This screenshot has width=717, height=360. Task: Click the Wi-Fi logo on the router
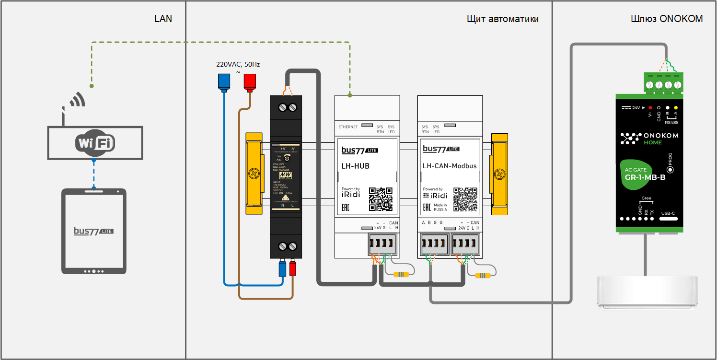pyautogui.click(x=94, y=143)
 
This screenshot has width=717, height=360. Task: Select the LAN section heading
pyautogui.click(x=163, y=19)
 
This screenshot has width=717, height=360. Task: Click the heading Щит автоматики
pyautogui.click(x=502, y=19)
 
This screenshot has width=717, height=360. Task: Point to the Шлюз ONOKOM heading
pyautogui.click(x=667, y=19)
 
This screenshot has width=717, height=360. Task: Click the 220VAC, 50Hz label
pyautogui.click(x=238, y=64)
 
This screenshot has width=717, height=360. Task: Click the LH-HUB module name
pyautogui.click(x=355, y=166)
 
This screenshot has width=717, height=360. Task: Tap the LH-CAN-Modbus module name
pyautogui.click(x=450, y=166)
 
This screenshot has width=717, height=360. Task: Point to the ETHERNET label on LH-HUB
pyautogui.click(x=348, y=127)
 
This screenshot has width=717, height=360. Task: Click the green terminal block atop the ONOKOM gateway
pyautogui.click(x=664, y=82)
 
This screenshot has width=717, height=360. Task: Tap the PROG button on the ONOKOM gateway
pyautogui.click(x=670, y=169)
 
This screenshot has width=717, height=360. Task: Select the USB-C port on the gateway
pyautogui.click(x=668, y=219)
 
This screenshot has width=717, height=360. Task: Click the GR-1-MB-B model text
pyautogui.click(x=645, y=177)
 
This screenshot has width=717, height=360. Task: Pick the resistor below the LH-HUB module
pyautogui.click(x=401, y=275)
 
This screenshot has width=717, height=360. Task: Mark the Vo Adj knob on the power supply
pyautogui.click(x=287, y=158)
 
